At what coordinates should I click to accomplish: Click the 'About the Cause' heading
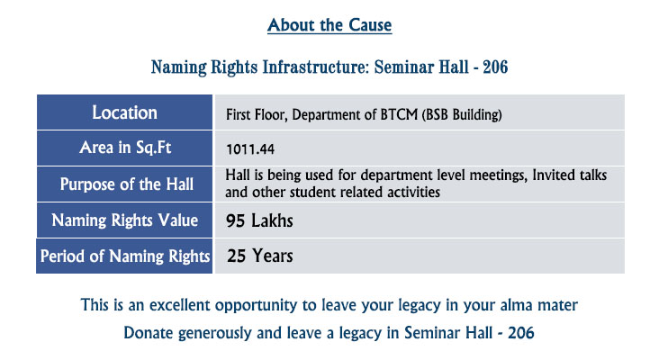(329, 25)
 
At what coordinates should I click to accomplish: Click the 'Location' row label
(124, 112)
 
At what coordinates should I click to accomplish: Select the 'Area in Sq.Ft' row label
(125, 148)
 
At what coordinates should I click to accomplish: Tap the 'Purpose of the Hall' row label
(127, 184)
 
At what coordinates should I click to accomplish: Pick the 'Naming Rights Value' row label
(125, 220)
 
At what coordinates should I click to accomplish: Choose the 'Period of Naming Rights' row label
(125, 256)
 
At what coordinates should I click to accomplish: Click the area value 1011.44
(250, 149)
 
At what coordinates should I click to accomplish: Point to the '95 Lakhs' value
(259, 220)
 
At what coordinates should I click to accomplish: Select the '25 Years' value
(260, 256)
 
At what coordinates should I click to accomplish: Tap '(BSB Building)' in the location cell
(462, 115)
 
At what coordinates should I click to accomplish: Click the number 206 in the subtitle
(495, 67)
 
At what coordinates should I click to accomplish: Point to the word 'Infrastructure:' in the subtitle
(316, 67)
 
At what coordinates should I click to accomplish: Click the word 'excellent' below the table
(179, 305)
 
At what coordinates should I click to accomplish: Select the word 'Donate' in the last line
(149, 333)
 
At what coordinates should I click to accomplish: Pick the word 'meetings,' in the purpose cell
(498, 175)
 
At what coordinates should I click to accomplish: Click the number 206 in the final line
(521, 333)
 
